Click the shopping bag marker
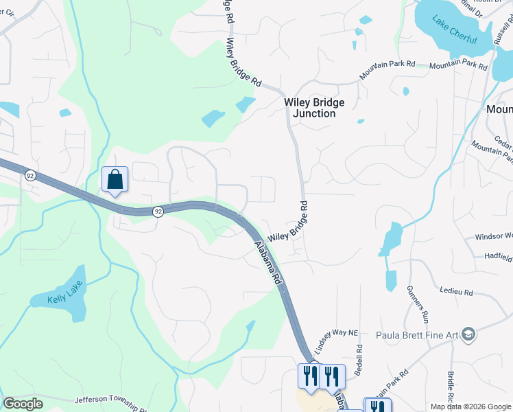click(115, 180)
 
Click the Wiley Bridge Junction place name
click(314, 108)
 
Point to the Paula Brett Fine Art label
click(416, 335)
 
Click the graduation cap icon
click(469, 334)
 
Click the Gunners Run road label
click(417, 304)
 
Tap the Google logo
click(23, 404)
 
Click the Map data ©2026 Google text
click(470, 407)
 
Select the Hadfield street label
click(497, 258)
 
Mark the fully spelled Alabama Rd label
click(268, 263)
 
